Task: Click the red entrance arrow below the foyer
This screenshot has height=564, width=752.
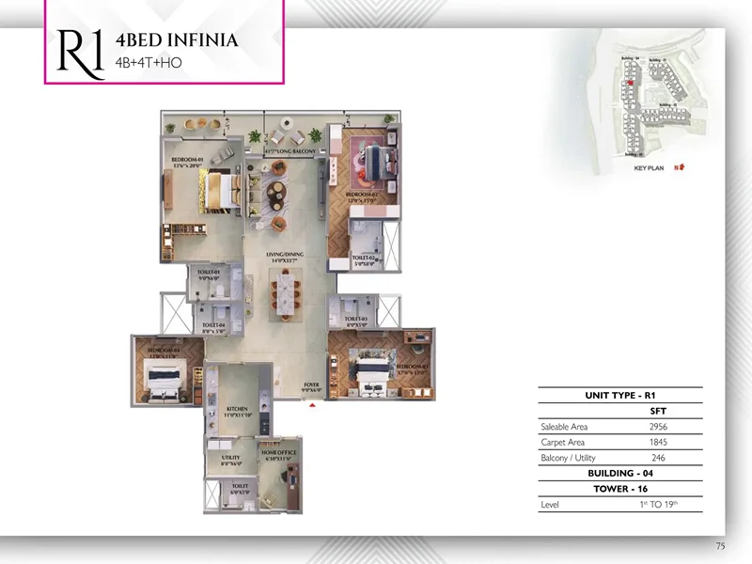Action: [312, 404]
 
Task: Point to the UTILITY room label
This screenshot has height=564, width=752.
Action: [231, 459]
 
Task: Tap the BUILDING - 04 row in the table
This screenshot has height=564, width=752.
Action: [619, 473]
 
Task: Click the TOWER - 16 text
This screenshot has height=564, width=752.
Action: [619, 489]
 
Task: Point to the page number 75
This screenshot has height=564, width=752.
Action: [720, 545]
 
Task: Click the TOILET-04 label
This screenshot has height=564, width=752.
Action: [214, 327]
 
